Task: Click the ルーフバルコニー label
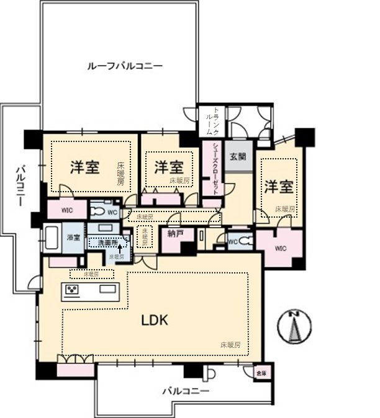pyautogui.click(x=124, y=65)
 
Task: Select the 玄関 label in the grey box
pyautogui.click(x=237, y=157)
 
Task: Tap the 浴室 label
pyautogui.click(x=73, y=238)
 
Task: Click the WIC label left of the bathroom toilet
pyautogui.click(x=66, y=210)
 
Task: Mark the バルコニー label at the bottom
pyautogui.click(x=186, y=391)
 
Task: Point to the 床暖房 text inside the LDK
pyautogui.click(x=230, y=344)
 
